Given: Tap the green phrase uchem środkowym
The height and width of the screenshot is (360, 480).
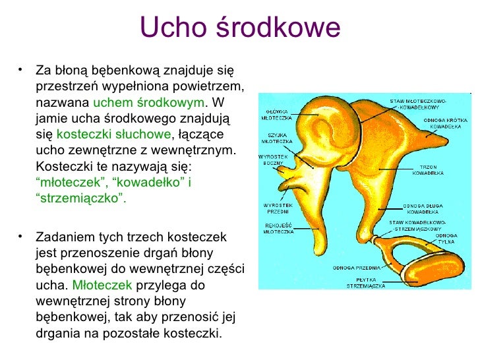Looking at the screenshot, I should [148, 104].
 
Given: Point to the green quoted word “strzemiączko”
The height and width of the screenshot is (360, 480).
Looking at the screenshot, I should [80, 198].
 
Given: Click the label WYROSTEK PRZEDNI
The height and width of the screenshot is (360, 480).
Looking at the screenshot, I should [278, 208].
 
